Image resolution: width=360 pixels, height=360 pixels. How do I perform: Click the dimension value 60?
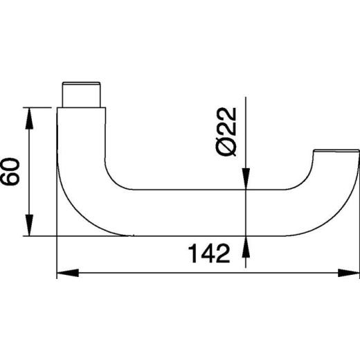click(10, 171)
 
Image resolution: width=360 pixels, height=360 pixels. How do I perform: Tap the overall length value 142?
click(208, 255)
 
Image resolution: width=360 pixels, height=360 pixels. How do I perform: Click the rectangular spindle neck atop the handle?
click(83, 93)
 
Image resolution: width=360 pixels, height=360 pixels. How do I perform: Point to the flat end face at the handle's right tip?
click(336, 150)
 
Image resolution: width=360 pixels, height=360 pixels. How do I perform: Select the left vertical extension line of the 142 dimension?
click(56, 256)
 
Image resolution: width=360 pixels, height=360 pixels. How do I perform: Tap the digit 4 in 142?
click(208, 255)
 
